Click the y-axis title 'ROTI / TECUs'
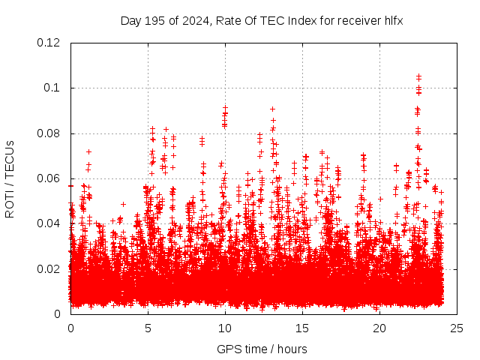coord(10,178)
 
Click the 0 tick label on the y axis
coord(58,313)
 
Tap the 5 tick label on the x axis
coord(148,328)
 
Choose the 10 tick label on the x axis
coord(225,328)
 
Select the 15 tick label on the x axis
coord(302,328)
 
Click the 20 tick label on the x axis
coord(379,328)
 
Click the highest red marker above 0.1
coord(418,76)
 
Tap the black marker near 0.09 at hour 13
coord(273,109)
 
